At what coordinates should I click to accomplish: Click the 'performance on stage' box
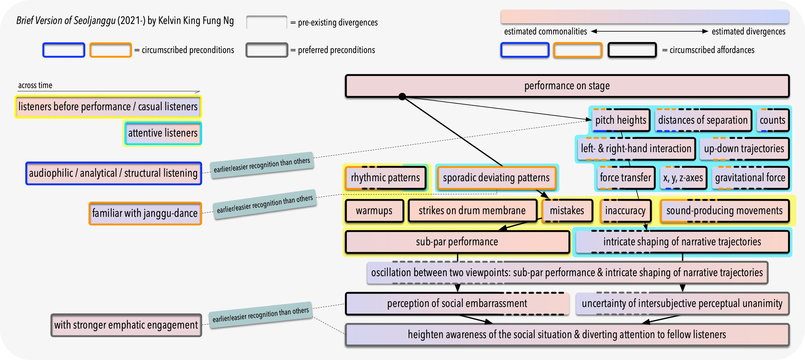click(x=567, y=86)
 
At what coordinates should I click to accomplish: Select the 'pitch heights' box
click(x=620, y=120)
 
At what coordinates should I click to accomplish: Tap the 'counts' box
click(x=772, y=120)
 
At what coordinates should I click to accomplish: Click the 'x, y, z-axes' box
click(x=683, y=178)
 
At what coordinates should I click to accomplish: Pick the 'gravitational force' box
click(x=750, y=178)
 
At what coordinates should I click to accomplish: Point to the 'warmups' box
click(x=374, y=211)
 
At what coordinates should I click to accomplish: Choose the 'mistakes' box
click(x=566, y=211)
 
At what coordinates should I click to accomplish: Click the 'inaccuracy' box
click(x=625, y=211)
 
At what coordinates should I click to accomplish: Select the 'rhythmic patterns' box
click(x=385, y=178)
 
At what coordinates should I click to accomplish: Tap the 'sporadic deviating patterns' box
click(x=496, y=178)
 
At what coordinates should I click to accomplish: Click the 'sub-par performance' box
click(x=457, y=242)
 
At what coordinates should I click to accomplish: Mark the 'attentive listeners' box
click(x=162, y=133)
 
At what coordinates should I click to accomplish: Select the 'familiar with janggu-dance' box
click(x=145, y=213)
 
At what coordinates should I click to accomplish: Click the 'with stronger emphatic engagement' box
click(x=126, y=325)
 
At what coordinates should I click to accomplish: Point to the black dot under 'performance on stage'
click(x=402, y=96)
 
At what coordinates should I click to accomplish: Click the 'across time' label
click(x=35, y=85)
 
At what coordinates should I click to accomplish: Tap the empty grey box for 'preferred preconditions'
click(x=266, y=50)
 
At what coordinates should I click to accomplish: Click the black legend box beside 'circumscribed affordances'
click(x=632, y=50)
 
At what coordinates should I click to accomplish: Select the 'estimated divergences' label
click(x=748, y=31)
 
